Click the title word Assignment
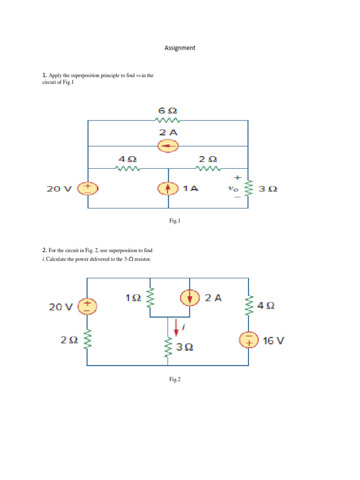pos(180,48)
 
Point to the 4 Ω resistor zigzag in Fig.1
pos(128,169)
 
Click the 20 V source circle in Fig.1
pos(88,188)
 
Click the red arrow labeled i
pos(176,327)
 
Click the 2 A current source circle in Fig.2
pos(189,298)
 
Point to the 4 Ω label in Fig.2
pos(266,306)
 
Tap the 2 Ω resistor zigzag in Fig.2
pos(88,341)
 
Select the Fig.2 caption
pos(174,380)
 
